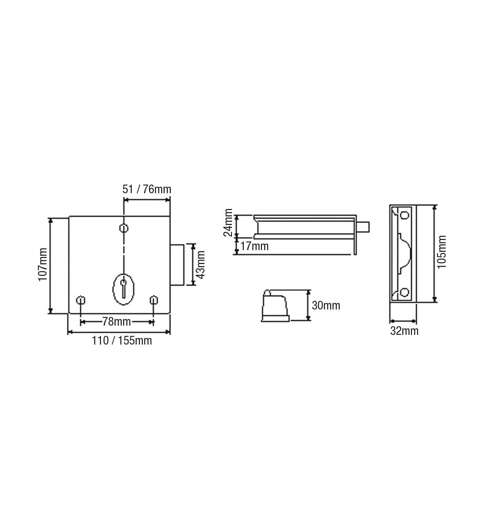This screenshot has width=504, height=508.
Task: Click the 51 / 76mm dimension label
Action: (x=147, y=190)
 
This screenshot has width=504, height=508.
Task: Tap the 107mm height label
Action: (x=43, y=264)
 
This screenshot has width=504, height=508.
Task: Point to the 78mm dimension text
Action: (x=116, y=322)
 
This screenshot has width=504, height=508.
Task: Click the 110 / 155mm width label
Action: (x=122, y=341)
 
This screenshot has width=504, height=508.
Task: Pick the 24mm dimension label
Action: (x=228, y=223)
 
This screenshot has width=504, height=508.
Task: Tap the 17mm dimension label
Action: (x=255, y=246)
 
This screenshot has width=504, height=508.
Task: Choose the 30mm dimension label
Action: (x=326, y=306)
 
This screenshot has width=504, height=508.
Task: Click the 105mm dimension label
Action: (x=441, y=252)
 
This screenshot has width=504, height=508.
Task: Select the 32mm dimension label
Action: (x=404, y=331)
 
